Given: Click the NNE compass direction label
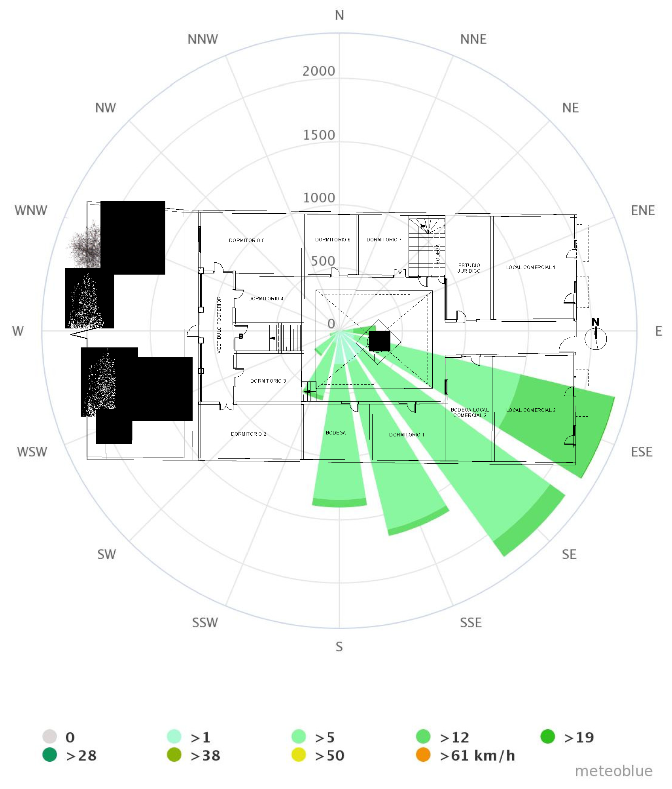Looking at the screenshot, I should click(x=473, y=40).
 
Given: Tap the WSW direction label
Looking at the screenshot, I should click(x=32, y=451).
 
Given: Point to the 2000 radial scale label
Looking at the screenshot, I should click(x=319, y=71).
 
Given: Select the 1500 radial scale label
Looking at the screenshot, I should click(x=319, y=135).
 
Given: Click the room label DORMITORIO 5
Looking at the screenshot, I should click(x=246, y=241).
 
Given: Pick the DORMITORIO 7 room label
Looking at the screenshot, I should click(x=384, y=240).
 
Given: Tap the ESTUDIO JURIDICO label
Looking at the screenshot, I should click(x=469, y=268).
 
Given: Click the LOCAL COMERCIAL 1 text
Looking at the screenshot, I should click(x=530, y=267).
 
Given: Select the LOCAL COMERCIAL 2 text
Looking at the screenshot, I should click(x=531, y=410).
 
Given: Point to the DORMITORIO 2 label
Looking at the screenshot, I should click(x=248, y=434).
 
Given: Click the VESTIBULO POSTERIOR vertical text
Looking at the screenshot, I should click(x=219, y=324).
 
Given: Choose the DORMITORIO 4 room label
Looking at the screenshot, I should click(x=266, y=299).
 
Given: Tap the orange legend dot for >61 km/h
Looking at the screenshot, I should click(x=423, y=755).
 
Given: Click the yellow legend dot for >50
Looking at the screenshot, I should click(x=299, y=755).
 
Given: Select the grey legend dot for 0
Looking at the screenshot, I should click(x=50, y=737).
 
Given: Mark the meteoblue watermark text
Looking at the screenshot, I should click(x=613, y=771).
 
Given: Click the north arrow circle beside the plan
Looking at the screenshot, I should click(x=595, y=339).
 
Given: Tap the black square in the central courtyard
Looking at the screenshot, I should click(x=379, y=341).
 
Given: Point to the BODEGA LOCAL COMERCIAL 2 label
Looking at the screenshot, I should click(x=469, y=413).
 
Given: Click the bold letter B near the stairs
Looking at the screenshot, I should click(x=241, y=336).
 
